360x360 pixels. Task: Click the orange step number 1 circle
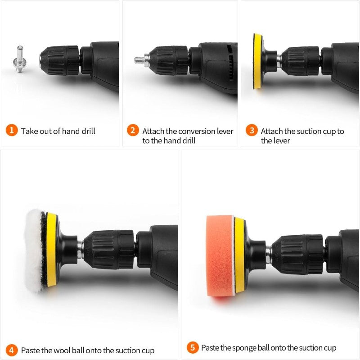(12, 131)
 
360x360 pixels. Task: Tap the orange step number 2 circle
(133, 131)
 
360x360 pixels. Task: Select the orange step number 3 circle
(252, 131)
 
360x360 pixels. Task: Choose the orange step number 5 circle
(193, 347)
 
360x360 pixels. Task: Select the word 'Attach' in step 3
(271, 132)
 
